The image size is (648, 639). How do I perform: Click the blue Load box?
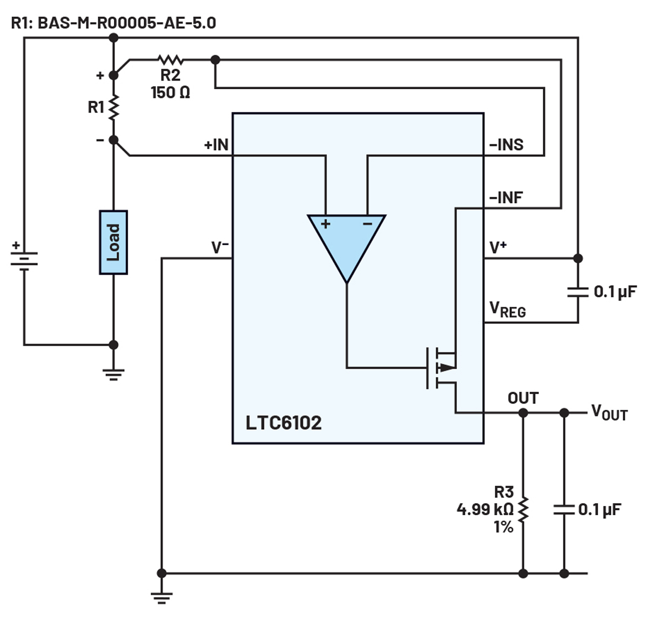pos(113,242)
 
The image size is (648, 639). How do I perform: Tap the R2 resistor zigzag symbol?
pos(171,60)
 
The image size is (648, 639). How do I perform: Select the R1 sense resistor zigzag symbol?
pos(113,107)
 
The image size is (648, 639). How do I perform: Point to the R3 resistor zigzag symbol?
pos(523,510)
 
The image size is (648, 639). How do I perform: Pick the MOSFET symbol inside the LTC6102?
pos(441,368)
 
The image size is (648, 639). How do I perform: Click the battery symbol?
pos(24,258)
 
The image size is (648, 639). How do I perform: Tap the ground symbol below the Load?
pos(113,375)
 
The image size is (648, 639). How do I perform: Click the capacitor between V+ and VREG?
pos(578,292)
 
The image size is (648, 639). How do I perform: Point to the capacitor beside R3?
pos(564,510)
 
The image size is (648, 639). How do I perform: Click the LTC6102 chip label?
pos(283,423)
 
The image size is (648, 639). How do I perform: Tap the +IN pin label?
pos(216,145)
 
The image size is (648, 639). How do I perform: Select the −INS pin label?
pos(506,145)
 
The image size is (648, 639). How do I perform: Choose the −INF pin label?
pos(506,198)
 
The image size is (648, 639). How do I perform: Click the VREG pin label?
pos(508,309)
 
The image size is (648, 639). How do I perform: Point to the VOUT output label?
pos(609,412)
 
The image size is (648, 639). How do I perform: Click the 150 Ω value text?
pos(171,92)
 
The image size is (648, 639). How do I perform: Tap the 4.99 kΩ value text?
pos(485,509)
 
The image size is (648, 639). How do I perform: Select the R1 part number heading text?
pos(113,23)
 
